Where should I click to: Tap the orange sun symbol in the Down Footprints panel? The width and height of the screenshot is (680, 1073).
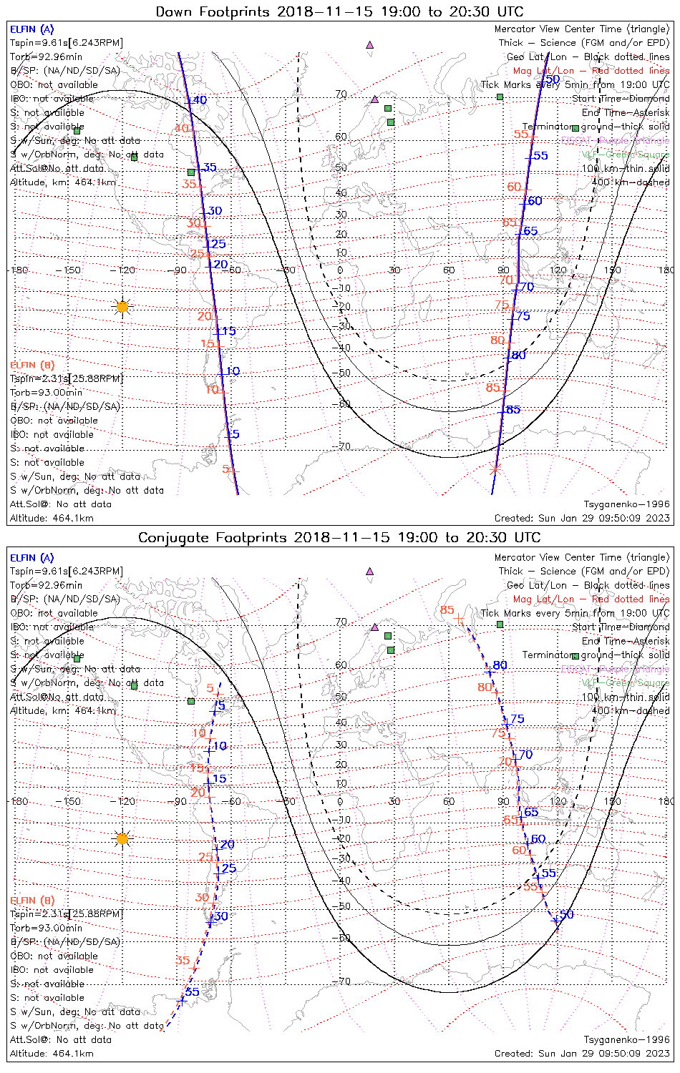[x=122, y=307]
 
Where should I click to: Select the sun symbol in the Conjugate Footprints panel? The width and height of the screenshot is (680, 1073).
[x=122, y=838]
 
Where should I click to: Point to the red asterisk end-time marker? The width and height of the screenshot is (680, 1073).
[x=494, y=469]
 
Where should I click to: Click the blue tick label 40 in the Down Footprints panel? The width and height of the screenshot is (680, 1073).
[x=199, y=100]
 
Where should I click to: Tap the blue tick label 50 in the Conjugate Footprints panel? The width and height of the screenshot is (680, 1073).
[x=567, y=915]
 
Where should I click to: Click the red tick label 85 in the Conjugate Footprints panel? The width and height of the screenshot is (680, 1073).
[x=447, y=610]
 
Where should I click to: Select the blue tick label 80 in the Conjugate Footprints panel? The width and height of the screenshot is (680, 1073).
[x=500, y=665]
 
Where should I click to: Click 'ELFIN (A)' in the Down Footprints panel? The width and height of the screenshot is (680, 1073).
[x=31, y=29]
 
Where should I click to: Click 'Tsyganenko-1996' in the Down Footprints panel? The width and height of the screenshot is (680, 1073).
[x=626, y=504]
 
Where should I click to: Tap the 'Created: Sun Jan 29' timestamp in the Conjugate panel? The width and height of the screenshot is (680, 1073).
[x=582, y=1053]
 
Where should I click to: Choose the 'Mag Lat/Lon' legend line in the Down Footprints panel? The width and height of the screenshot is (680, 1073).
[x=591, y=71]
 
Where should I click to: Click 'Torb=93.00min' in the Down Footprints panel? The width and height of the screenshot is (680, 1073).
[x=46, y=392]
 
